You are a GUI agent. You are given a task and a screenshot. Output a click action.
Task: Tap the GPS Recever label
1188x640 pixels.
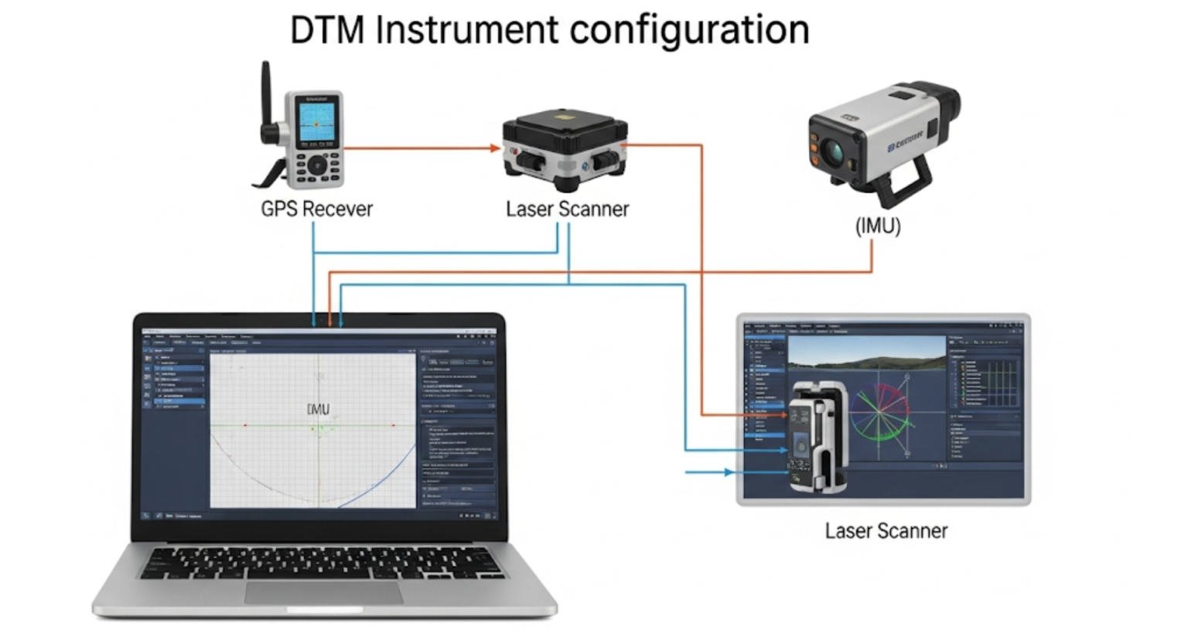click(x=316, y=209)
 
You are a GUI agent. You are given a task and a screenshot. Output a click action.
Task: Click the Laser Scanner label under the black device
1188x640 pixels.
click(x=567, y=209)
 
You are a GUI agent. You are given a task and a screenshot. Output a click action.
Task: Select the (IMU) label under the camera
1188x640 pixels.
click(x=878, y=226)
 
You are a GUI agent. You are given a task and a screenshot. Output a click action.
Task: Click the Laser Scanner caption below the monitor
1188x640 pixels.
click(x=886, y=531)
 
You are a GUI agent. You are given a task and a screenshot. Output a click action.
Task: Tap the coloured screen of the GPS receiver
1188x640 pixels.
click(x=316, y=122)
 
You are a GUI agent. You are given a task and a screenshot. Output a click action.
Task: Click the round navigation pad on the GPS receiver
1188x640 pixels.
click(x=317, y=165)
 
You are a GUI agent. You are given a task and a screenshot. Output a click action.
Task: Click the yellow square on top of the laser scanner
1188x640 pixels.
click(x=565, y=117)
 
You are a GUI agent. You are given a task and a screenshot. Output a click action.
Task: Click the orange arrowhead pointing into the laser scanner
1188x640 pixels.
click(x=495, y=148)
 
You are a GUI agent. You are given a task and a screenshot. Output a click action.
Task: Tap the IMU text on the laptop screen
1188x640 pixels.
click(x=318, y=409)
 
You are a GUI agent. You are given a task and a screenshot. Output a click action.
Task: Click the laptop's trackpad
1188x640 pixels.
click(x=324, y=594)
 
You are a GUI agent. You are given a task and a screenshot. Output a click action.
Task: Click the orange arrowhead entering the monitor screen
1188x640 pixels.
click(x=782, y=415)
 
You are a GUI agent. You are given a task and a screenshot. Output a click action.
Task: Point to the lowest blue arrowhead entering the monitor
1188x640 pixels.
click(x=728, y=471)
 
